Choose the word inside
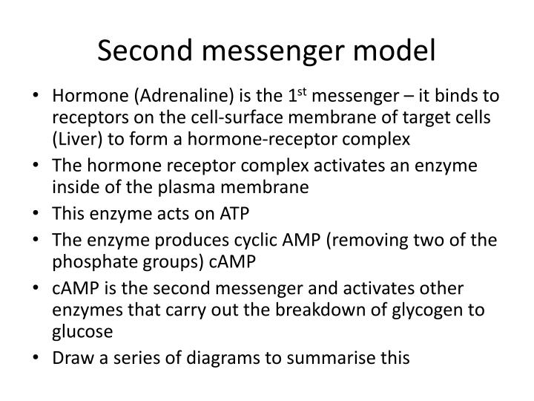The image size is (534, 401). coord(73,188)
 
